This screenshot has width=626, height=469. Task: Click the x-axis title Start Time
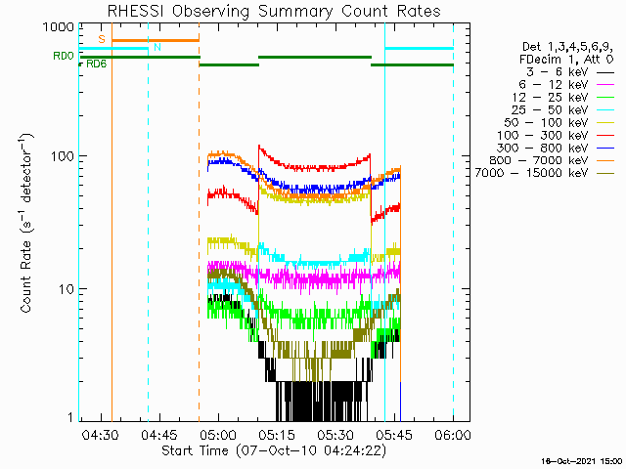point(273,451)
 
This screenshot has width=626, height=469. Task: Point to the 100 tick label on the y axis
point(61,156)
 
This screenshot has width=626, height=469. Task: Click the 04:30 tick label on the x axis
point(100,434)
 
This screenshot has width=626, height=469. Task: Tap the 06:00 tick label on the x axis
point(453,434)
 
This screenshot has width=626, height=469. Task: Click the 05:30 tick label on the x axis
point(335,434)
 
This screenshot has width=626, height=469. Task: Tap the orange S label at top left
point(101,38)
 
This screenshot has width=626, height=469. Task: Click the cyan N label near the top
point(157,47)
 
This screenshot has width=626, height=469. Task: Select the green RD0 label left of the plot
point(64,57)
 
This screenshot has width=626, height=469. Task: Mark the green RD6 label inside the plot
point(97,64)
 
